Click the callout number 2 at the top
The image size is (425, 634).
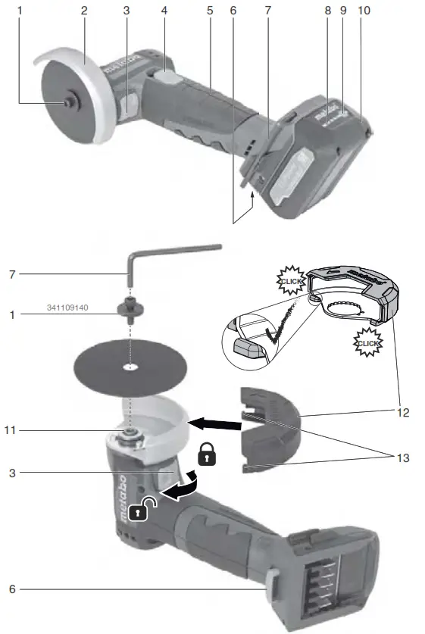(84, 11)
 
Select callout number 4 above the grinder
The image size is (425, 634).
(164, 11)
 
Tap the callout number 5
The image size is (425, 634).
(209, 11)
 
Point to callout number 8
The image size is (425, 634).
(328, 11)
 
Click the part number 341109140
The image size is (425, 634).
(67, 308)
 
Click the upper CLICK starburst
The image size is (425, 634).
(292, 281)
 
